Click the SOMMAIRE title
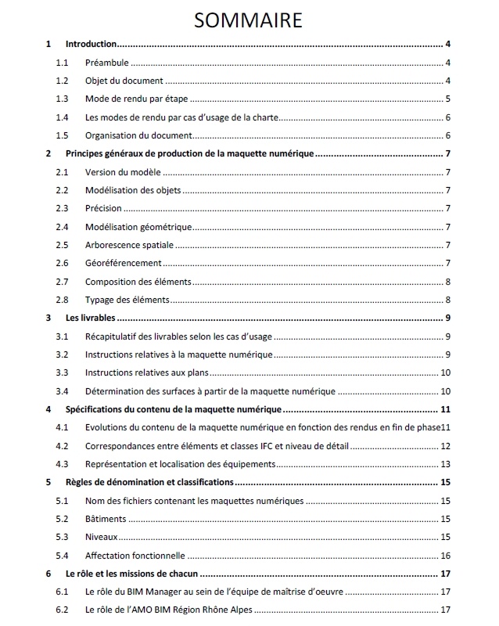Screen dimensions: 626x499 pos(249,19)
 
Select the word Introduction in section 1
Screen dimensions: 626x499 pos(91,45)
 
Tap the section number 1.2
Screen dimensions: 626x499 pos(63,81)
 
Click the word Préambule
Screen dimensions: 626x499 pos(107,63)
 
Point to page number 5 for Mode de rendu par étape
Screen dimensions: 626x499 pos(447,99)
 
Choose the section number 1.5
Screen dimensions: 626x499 pos(63,135)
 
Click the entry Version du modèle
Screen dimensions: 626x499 pos(122,172)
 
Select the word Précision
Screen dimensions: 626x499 pos(104,208)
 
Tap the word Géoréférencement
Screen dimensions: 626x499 pos(124,263)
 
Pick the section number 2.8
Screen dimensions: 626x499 pos(63,300)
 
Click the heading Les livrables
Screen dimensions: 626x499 pos(91,318)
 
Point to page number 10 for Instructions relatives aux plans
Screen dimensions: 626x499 pos(445,372)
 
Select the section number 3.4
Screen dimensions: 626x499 pos(63,390)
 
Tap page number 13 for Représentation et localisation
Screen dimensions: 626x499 pos(445,464)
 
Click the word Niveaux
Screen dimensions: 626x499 pos(102,537)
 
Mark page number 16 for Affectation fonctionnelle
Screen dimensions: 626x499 pos(445,556)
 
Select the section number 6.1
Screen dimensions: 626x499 pos(63,592)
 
